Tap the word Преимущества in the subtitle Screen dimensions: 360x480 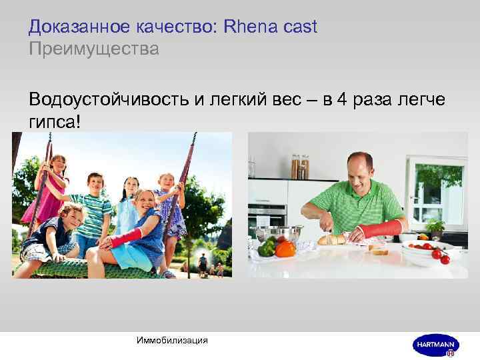(94, 49)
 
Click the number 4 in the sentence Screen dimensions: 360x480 (342, 100)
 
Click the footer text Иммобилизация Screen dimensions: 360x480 (171, 341)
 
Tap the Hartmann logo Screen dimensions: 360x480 (434, 344)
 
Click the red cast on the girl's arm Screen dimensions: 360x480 (126, 237)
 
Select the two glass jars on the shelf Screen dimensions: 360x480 (299, 167)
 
